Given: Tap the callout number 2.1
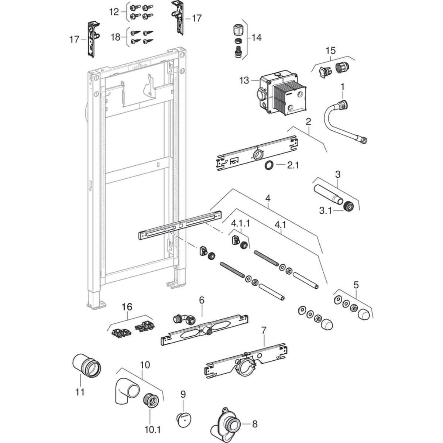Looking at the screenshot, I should click(x=292, y=165).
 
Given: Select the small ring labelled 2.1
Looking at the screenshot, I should click(x=269, y=165).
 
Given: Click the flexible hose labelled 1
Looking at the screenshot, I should click(x=341, y=118).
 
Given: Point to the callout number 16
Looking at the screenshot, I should click(x=127, y=307).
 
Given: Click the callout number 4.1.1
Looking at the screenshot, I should click(x=240, y=223).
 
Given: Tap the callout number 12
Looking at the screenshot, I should click(x=114, y=12).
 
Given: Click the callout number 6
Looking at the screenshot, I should click(x=202, y=300).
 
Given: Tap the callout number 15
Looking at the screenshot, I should click(x=330, y=51).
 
